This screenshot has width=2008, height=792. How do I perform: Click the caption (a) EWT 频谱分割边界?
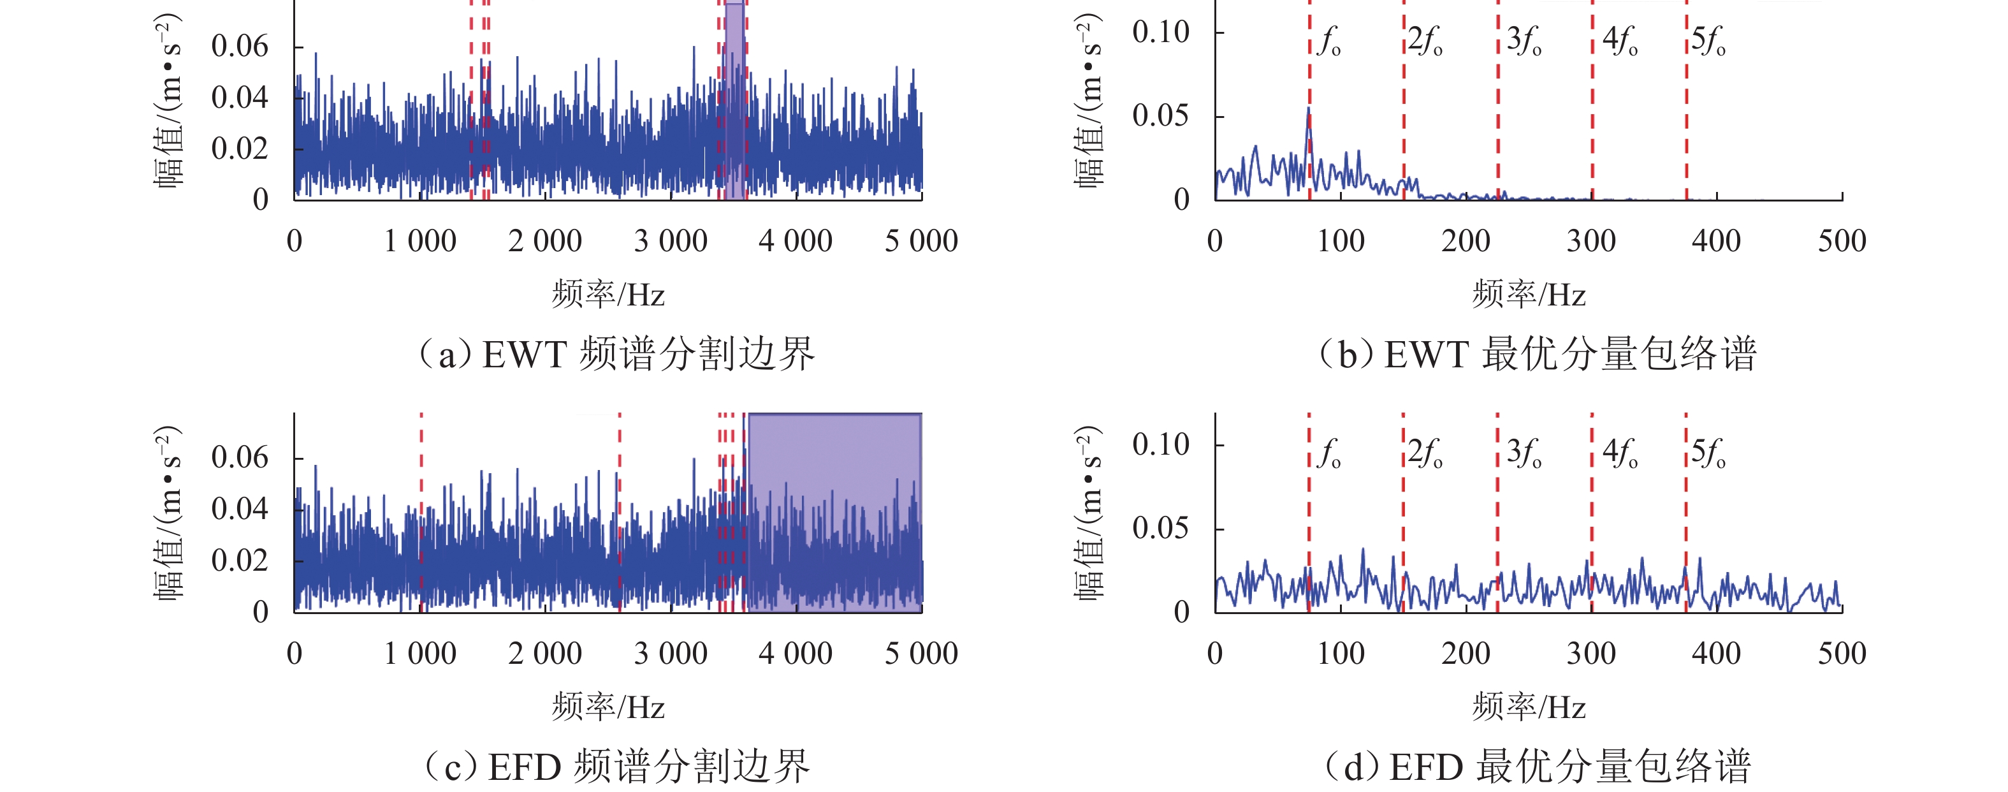tap(616, 355)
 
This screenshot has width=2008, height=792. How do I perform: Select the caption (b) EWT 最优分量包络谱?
tap(1536, 355)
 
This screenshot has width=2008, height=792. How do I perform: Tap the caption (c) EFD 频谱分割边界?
tap(616, 767)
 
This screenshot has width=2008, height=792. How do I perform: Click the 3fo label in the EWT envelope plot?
tap(1524, 41)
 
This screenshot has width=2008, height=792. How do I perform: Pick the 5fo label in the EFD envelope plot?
tap(1708, 453)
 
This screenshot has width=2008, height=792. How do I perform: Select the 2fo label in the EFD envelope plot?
tap(1425, 453)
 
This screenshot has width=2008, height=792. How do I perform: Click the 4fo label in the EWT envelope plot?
tap(1620, 41)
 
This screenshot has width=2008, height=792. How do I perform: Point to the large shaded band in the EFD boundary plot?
tap(833, 511)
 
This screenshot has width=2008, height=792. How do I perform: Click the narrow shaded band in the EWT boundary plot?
tap(734, 101)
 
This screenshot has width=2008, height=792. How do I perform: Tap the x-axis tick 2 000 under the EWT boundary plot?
tap(545, 242)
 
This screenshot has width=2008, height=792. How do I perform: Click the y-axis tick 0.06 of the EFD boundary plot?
tap(239, 458)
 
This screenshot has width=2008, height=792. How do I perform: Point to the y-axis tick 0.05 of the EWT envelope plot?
tap(1161, 116)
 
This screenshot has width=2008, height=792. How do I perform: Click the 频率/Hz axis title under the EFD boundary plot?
tap(609, 707)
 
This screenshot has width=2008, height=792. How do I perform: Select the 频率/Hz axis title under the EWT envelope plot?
tap(1529, 295)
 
